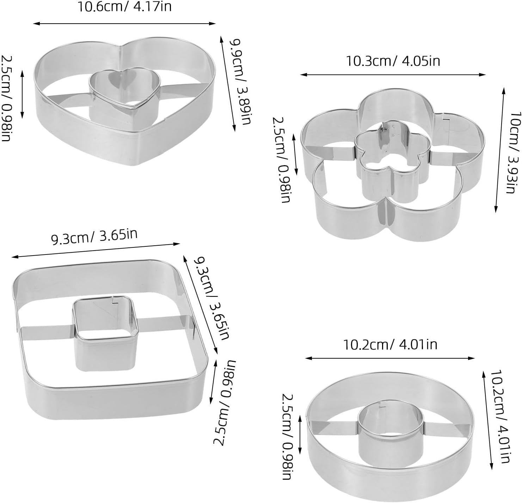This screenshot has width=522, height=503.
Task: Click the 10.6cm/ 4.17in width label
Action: pos(124,7)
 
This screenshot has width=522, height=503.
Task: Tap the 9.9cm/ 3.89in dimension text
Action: pos(240,82)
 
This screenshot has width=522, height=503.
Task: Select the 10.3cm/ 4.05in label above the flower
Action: pos(393,61)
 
